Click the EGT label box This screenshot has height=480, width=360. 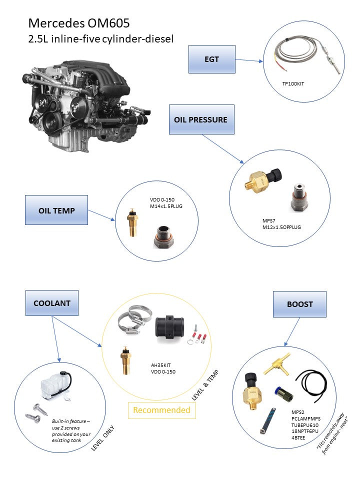211,59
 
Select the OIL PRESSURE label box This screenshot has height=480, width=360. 201,119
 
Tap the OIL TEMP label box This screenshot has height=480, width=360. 56,210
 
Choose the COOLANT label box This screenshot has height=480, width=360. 51,303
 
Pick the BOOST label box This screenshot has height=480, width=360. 299,303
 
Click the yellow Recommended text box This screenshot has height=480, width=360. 161,410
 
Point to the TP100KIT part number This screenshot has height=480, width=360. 293,83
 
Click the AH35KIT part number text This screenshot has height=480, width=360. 160,365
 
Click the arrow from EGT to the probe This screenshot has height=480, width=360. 249,60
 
